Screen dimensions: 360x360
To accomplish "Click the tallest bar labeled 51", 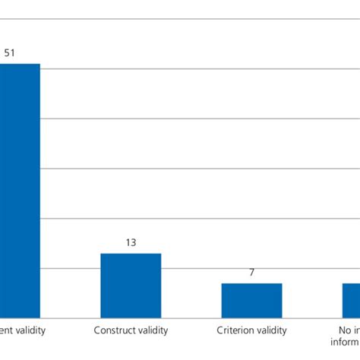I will [x=20, y=190].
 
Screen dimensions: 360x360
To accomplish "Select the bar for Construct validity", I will [x=131, y=285].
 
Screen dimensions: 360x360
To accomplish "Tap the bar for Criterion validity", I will [x=251, y=300].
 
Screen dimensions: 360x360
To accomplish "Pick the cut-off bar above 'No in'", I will [x=351, y=300].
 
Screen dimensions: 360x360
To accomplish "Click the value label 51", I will [x=11, y=53].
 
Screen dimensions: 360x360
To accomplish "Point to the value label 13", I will [x=131, y=243].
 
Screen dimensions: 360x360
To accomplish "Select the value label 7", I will [x=251, y=273].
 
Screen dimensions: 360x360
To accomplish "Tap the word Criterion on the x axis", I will [x=235, y=330].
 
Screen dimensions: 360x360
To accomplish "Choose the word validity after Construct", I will [x=152, y=330].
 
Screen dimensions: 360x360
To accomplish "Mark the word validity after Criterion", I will [x=271, y=330].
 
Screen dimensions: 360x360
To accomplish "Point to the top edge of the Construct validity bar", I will [x=131, y=254].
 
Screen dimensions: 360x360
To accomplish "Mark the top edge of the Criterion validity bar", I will [x=251, y=284].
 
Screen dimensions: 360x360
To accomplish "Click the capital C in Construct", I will [x=97, y=330].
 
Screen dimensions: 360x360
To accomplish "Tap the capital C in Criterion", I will [x=220, y=330].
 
